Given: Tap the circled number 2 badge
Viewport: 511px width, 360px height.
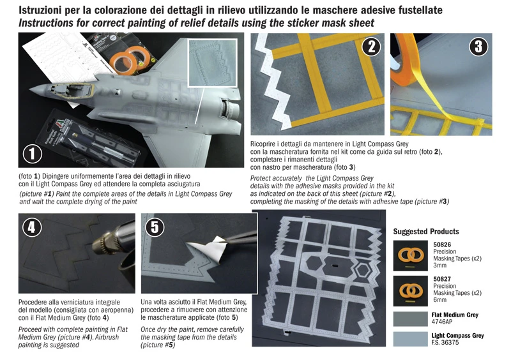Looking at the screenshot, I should coord(370,47).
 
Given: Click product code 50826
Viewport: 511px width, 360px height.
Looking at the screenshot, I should coord(443,244).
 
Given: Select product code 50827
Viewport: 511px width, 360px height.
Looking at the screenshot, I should coord(443,279).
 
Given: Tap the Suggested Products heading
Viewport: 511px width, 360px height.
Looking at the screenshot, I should coord(426,231).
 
